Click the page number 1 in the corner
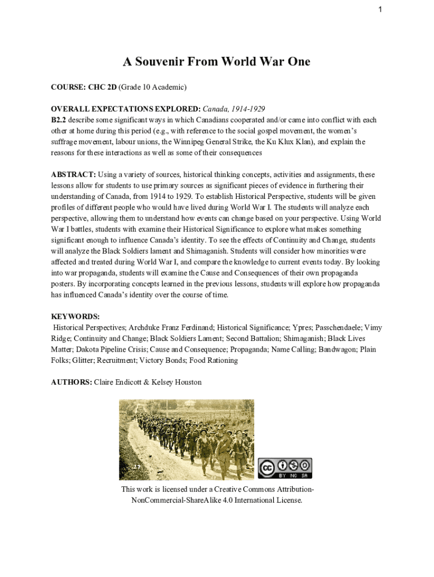[x=382, y=9]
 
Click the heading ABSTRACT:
[x=73, y=175]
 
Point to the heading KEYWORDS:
[x=75, y=317]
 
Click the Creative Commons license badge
[x=285, y=468]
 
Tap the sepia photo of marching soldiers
[x=186, y=440]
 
